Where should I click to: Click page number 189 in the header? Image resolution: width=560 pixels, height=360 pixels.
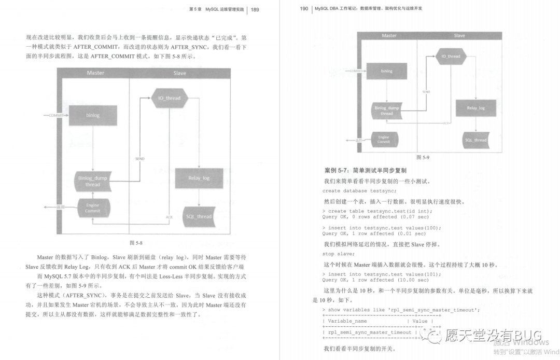255,9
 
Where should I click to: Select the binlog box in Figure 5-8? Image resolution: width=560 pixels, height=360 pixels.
93,115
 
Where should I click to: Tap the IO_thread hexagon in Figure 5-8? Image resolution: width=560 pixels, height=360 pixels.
166,98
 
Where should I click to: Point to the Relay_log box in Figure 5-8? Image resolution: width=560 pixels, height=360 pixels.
199,178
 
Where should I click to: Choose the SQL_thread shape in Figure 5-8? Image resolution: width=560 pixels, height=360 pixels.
199,216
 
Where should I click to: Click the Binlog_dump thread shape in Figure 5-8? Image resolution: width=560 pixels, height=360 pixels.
93,181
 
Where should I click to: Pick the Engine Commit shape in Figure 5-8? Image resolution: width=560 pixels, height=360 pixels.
93,207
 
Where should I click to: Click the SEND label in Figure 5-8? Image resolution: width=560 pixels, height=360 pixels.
139,158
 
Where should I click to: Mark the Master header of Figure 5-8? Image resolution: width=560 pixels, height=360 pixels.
95,73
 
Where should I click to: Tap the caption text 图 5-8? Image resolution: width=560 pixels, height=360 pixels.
135,243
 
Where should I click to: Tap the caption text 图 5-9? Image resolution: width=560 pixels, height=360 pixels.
423,157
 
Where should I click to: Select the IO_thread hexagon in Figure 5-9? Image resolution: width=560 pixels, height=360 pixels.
450,56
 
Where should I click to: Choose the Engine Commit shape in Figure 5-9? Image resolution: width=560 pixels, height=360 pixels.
384,139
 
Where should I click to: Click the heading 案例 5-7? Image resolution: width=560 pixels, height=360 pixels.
365,170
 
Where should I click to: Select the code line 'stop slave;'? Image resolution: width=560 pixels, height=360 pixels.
339,254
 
